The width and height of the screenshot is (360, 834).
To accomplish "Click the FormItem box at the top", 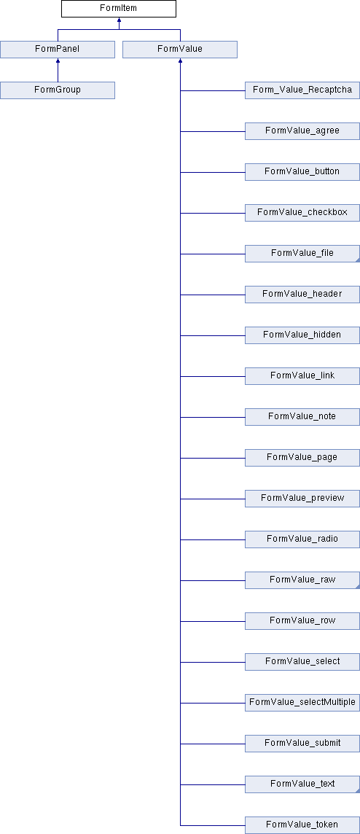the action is tap(119, 9).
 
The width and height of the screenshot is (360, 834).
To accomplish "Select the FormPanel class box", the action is tap(58, 50).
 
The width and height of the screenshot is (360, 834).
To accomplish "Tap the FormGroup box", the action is tap(58, 90).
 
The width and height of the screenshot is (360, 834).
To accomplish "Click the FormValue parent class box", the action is tap(180, 50).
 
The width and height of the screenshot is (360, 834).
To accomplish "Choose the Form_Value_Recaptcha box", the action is tap(302, 90).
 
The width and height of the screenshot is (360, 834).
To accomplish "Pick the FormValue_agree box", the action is tap(302, 130).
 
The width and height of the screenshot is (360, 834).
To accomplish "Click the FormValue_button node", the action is tap(302, 172).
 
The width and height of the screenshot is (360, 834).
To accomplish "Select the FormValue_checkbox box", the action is tap(302, 213).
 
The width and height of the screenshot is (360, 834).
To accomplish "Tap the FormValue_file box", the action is tap(302, 254).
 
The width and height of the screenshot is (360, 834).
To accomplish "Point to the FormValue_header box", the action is tap(302, 294).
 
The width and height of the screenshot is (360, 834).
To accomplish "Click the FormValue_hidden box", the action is tap(302, 335).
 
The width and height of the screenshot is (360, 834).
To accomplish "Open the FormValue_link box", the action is tap(302, 376).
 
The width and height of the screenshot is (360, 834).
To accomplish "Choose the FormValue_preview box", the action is tap(302, 499).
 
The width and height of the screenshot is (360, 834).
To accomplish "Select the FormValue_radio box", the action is tap(302, 539).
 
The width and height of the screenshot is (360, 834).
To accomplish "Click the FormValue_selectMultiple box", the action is tap(302, 703).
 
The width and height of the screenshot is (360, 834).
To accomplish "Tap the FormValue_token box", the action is tap(302, 825).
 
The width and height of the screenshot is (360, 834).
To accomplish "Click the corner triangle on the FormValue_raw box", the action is tap(358, 587).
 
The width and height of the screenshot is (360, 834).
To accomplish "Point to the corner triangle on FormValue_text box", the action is tap(358, 791).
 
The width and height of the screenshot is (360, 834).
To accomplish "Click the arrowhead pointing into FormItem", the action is tap(119, 20).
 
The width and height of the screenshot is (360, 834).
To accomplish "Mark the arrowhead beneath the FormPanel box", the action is tap(58, 61).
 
